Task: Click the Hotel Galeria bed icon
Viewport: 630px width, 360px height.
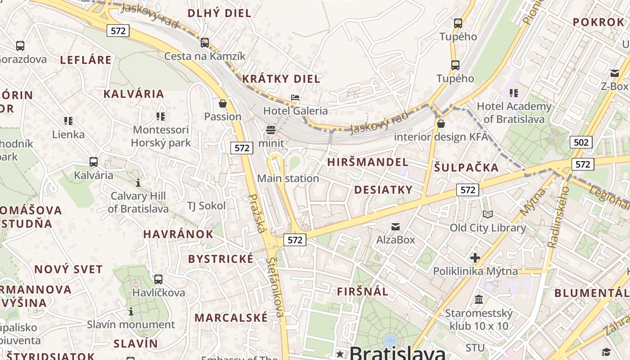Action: coord(295,97)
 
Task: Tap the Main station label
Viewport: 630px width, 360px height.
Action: coord(288,179)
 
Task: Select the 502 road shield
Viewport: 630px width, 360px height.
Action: coord(581,143)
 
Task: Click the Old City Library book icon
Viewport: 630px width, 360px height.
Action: coord(488,214)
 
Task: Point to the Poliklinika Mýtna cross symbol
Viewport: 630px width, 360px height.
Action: coord(475,258)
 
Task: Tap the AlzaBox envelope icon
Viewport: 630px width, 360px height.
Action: coord(396,226)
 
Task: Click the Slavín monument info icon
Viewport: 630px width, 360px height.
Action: coord(131,311)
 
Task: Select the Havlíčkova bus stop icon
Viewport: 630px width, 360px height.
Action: coord(158,279)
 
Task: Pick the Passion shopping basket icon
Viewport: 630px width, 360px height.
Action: coord(223,103)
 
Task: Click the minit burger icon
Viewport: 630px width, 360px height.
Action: coord(271,130)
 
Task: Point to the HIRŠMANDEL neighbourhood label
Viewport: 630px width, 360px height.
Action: coord(368,162)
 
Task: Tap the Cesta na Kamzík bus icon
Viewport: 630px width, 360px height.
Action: coord(205,43)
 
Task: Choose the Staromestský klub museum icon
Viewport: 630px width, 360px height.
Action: coord(479,299)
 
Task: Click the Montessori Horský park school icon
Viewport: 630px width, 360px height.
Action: coord(161,117)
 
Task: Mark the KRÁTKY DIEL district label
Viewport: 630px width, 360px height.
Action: coord(281,79)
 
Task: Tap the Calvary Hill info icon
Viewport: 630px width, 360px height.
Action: coord(138,183)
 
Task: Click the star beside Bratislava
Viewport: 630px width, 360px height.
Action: coord(340,354)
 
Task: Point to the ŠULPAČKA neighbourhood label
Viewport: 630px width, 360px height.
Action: coord(467,168)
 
